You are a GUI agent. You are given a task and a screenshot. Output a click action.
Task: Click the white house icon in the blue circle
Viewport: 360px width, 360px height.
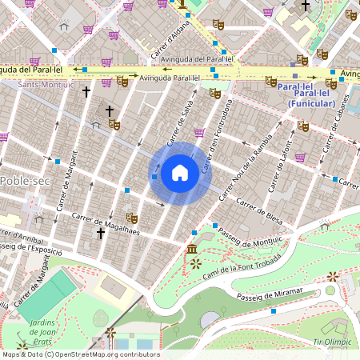(180, 173)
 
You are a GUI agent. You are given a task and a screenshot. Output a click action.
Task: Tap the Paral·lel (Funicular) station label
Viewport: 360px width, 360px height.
(306, 95)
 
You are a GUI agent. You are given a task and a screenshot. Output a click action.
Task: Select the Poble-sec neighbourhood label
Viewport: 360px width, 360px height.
(23, 181)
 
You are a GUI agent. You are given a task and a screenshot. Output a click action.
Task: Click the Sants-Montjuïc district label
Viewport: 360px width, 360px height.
(46, 84)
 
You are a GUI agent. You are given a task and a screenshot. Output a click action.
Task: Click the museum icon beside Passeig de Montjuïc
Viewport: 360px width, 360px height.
(193, 250)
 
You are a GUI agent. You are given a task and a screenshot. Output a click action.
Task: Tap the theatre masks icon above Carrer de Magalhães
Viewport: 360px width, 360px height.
(131, 218)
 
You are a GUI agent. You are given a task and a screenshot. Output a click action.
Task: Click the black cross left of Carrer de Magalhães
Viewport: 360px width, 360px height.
(101, 234)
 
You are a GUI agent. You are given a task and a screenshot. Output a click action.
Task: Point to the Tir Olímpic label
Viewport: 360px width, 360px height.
(332, 342)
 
